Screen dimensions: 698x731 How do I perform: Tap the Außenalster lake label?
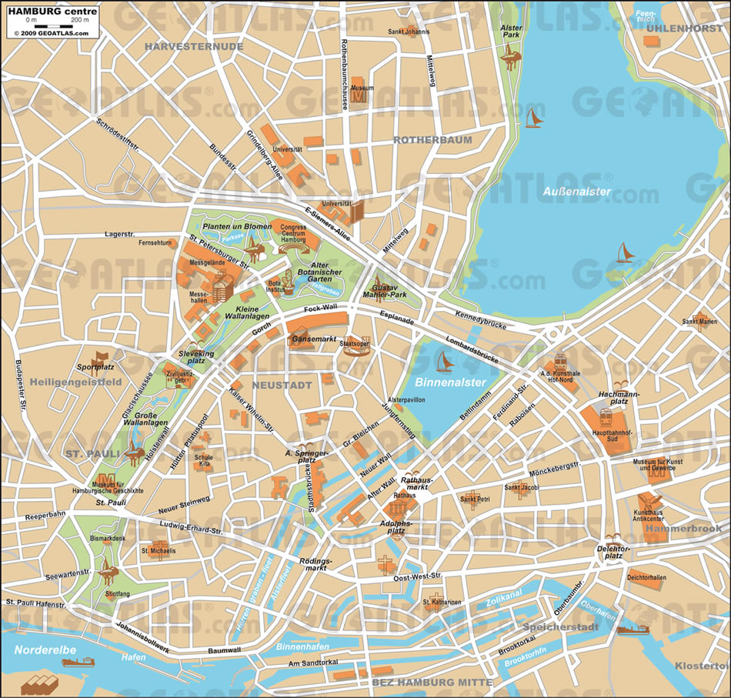(576, 191)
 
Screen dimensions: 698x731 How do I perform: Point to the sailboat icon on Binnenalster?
(445, 361)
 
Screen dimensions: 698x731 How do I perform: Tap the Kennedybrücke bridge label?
(480, 320)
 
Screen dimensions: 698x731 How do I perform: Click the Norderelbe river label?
(44, 650)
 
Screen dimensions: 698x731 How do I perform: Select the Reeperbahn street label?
(45, 515)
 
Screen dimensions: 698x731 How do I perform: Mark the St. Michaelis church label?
(159, 551)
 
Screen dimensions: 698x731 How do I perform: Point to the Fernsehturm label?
(154, 243)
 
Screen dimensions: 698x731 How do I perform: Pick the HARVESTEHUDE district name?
(193, 46)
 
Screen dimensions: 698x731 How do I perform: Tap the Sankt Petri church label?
(475, 499)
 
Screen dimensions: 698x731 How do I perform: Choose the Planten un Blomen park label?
(237, 226)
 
